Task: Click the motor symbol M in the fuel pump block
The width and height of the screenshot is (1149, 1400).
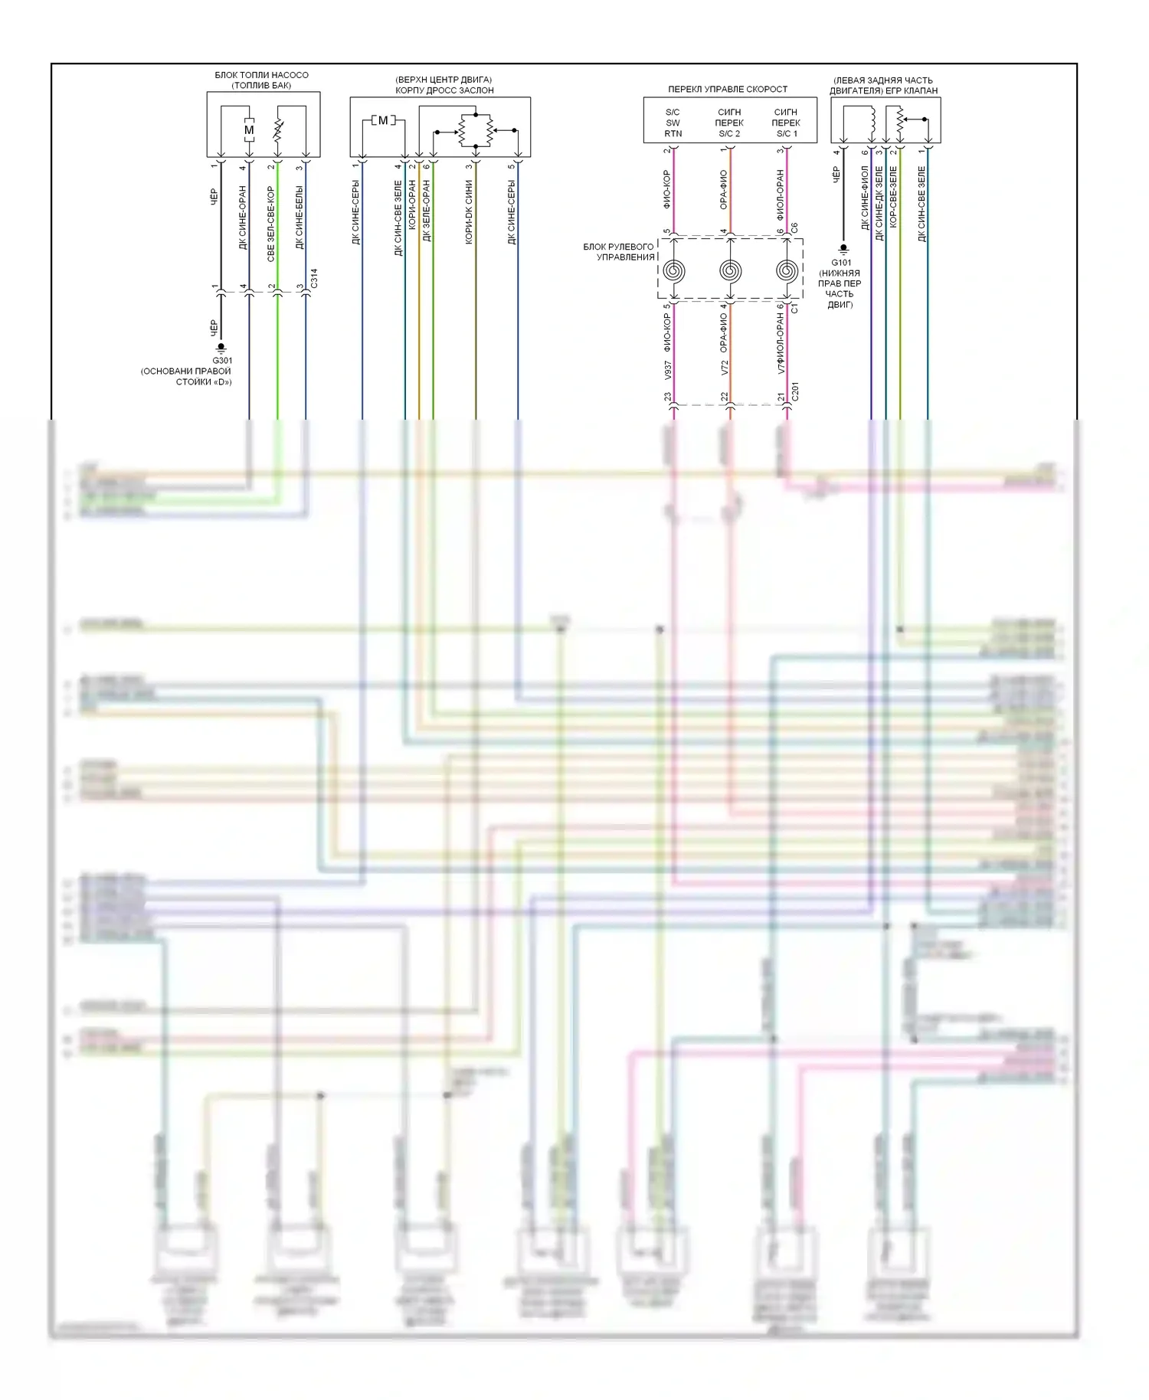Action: (249, 130)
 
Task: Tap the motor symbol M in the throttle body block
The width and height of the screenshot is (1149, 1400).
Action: (383, 120)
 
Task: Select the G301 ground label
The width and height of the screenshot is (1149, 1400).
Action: (222, 361)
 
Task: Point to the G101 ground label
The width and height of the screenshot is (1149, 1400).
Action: (841, 263)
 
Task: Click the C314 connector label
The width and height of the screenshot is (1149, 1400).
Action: (314, 278)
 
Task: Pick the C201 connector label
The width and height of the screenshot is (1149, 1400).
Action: (795, 391)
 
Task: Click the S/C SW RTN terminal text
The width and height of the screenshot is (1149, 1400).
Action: (673, 123)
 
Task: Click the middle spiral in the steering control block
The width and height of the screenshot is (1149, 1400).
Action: (730, 270)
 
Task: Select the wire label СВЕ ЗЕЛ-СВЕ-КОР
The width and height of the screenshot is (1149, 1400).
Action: (271, 224)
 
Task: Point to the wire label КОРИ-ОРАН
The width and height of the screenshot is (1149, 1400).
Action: (412, 204)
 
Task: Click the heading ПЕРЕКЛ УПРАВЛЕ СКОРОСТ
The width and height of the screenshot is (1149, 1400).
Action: (727, 90)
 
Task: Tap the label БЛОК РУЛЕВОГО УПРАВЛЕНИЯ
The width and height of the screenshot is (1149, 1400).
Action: (619, 252)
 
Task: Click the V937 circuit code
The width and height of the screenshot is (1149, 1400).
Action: (668, 370)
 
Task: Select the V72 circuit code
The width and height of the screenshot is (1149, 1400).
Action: (725, 368)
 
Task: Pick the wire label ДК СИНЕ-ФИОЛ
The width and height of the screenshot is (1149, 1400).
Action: (865, 198)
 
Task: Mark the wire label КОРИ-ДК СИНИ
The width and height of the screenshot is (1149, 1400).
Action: (469, 212)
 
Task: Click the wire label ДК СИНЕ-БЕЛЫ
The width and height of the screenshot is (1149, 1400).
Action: (300, 217)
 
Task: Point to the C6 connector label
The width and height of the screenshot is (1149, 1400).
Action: (794, 228)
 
